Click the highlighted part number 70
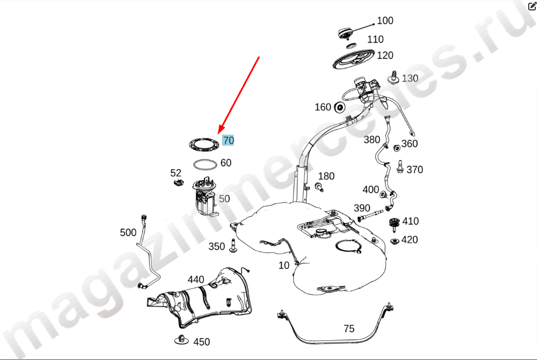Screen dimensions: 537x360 (x=228, y=141)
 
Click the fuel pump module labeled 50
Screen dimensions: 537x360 (x=205, y=197)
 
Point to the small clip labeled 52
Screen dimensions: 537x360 (x=179, y=182)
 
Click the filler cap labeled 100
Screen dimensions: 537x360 (x=346, y=34)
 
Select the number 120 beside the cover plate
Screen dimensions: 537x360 (x=385, y=55)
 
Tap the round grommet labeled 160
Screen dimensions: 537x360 (x=339, y=108)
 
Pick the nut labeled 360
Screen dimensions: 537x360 (x=397, y=148)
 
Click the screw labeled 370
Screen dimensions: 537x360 (x=400, y=167)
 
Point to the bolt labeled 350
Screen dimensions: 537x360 (x=233, y=246)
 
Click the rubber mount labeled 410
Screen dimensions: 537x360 (x=395, y=224)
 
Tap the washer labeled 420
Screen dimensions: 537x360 (x=395, y=241)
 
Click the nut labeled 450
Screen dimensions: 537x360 (x=181, y=339)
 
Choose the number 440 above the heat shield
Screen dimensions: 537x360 (x=196, y=280)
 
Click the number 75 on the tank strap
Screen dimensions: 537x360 (x=349, y=329)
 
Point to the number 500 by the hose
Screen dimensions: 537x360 (x=128, y=232)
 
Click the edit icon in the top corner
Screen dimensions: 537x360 (x=532, y=5)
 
